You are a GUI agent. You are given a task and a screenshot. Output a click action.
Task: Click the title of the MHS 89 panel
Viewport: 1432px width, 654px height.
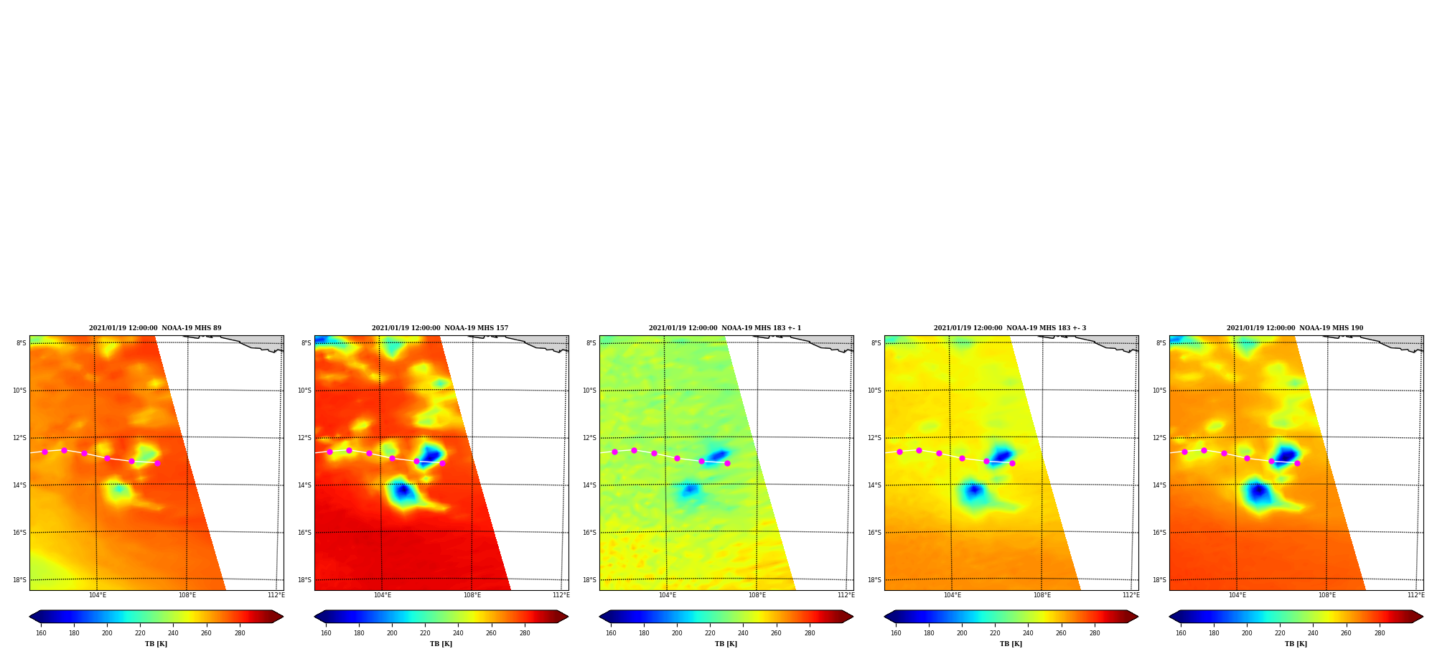point(155,328)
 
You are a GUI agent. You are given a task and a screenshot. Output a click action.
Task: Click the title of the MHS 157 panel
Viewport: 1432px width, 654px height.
point(440,328)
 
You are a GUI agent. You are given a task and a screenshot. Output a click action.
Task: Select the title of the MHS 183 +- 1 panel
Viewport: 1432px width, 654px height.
point(725,328)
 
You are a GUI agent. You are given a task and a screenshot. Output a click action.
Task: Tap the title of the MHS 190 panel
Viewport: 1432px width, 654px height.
point(1295,328)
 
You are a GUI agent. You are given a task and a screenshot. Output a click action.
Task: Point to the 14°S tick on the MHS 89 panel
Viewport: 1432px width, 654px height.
point(19,485)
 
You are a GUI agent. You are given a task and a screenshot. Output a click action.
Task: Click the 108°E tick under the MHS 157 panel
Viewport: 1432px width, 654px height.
point(472,595)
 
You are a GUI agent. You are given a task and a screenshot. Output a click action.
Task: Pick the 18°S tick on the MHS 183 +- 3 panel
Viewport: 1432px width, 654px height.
point(874,580)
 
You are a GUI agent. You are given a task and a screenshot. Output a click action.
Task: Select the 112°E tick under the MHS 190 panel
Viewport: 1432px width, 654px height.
point(1415,595)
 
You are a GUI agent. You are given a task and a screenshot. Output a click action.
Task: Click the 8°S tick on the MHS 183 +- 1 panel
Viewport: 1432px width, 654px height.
point(591,343)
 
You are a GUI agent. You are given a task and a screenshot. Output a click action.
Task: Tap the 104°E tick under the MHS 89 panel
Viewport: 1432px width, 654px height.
point(97,595)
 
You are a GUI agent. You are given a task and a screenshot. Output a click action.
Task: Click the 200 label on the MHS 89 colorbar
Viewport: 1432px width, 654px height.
point(107,633)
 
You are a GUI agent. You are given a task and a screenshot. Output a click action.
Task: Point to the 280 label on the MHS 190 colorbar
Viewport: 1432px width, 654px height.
point(1380,633)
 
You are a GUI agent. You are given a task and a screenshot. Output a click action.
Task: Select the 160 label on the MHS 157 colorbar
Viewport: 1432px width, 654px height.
point(326,633)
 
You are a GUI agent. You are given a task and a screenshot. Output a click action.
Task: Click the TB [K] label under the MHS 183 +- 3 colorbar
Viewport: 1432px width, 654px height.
point(1011,644)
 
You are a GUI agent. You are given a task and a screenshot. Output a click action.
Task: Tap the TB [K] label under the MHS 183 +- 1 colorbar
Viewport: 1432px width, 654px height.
point(726,644)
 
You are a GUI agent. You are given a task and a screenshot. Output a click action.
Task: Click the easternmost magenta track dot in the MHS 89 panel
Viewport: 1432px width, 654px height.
point(157,463)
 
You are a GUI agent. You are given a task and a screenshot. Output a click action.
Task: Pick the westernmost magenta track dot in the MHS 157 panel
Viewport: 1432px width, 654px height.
point(329,452)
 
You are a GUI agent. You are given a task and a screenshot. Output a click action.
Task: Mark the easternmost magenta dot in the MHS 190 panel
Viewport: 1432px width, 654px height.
point(1297,463)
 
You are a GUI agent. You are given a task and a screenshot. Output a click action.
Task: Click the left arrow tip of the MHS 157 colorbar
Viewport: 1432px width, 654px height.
point(314,617)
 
